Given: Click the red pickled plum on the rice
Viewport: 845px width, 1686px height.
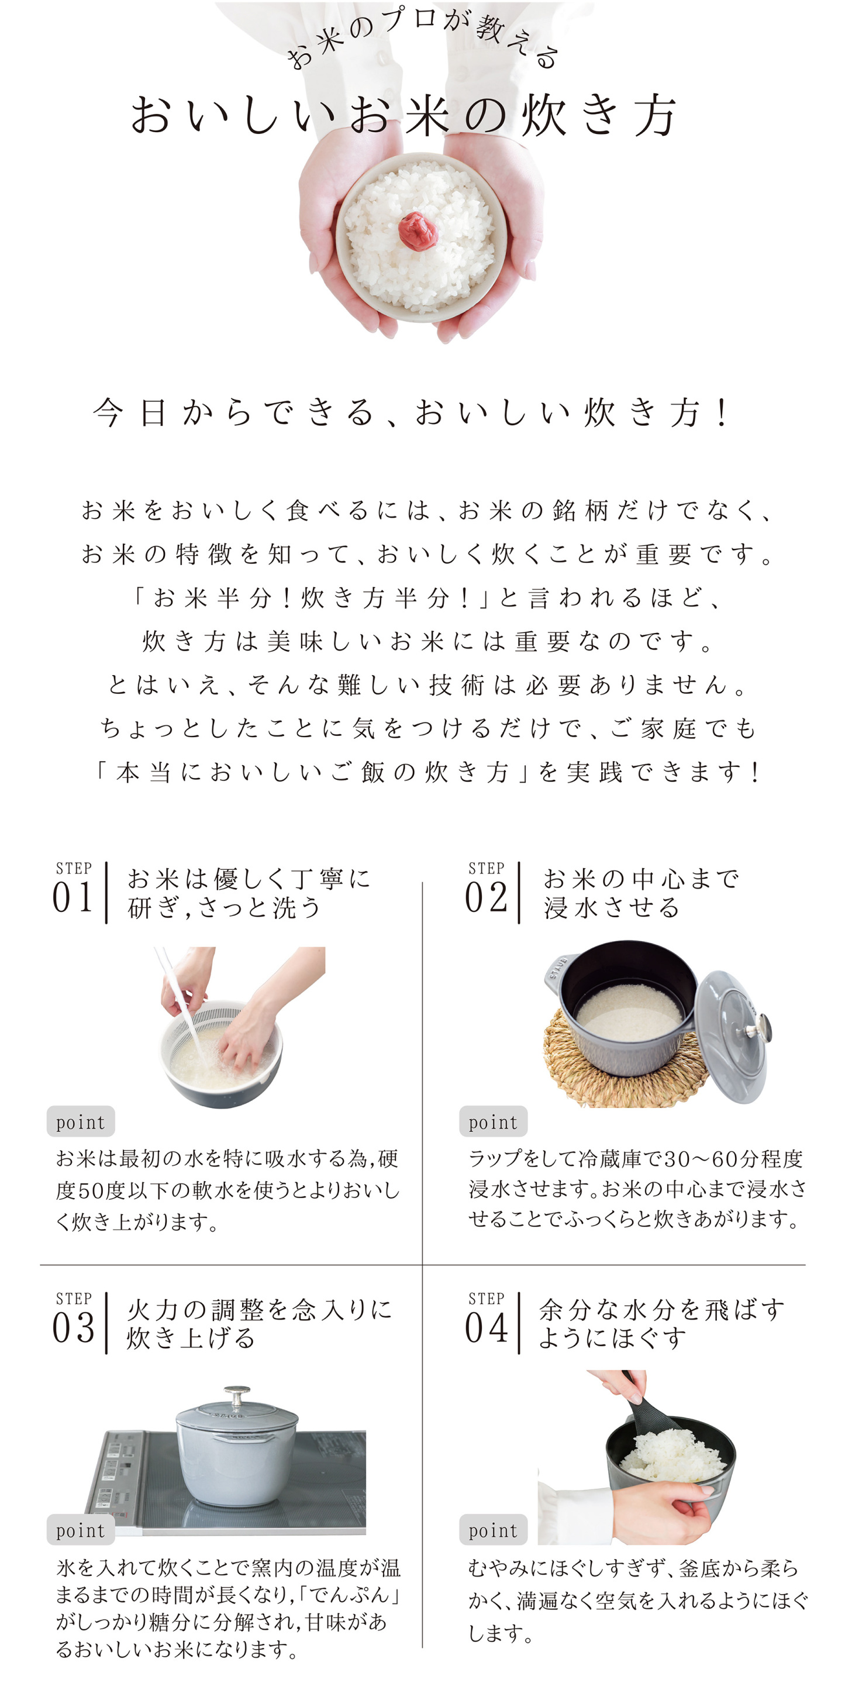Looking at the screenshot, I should (x=418, y=230).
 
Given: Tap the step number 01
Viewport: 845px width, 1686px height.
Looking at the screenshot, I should (x=73, y=897).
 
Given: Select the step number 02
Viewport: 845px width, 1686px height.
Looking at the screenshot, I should (x=486, y=897).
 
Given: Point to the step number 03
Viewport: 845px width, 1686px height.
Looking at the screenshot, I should (x=73, y=1328).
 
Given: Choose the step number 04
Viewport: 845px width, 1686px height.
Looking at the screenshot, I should (x=486, y=1328).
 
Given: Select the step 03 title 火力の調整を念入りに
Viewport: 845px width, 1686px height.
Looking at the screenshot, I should (x=259, y=1309).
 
